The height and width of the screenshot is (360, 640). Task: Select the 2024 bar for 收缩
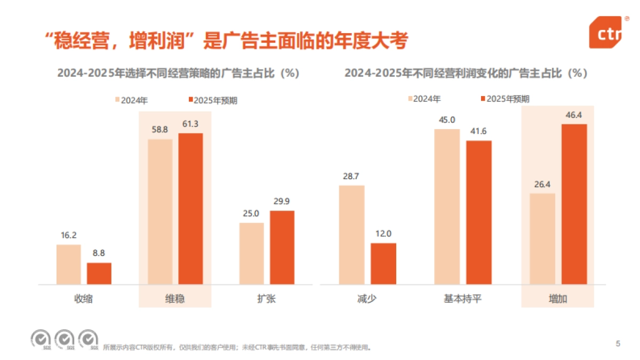[x=68, y=265]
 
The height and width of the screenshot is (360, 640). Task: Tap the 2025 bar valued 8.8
[x=99, y=274]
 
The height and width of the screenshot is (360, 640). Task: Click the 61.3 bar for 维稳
[x=190, y=209]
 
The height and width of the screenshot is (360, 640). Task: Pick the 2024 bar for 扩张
[x=252, y=253]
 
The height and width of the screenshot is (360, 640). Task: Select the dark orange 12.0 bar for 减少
[x=383, y=263]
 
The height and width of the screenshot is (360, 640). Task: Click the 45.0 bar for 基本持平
[x=447, y=206]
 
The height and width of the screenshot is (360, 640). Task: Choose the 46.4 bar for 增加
[x=574, y=204]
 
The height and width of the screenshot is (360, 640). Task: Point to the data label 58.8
[x=160, y=130]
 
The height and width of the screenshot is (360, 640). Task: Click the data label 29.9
[x=282, y=202]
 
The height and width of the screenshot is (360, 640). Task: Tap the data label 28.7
[x=351, y=176]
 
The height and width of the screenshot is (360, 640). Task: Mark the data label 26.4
[x=542, y=184]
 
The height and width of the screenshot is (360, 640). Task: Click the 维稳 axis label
[x=175, y=299]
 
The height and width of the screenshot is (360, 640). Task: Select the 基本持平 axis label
[x=462, y=299]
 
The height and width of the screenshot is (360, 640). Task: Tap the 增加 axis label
[x=558, y=299]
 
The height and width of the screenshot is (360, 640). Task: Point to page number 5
[x=618, y=343]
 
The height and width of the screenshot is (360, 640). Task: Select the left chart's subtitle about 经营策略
[x=178, y=74]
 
